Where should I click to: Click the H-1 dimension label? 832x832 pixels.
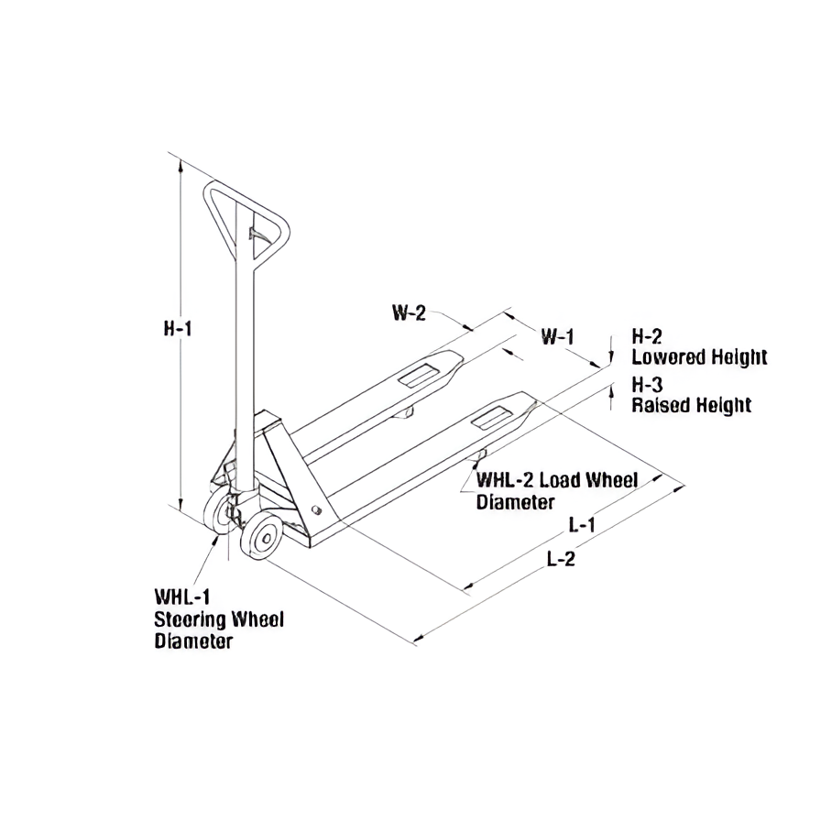coord(177,329)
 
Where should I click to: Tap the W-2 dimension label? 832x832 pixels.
coord(409,312)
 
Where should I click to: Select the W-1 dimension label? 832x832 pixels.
coord(557,336)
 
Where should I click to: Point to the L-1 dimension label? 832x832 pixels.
coord(582,525)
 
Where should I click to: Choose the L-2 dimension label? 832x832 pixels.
coord(561,558)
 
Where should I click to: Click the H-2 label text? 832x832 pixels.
coord(647,336)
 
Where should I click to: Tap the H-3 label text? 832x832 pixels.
coord(647,384)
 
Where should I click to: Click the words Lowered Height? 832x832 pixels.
coord(699,357)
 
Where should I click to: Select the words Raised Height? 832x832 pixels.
coord(692,405)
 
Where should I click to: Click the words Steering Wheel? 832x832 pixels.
coord(219,619)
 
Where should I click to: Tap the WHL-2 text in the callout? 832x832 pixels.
coord(505,480)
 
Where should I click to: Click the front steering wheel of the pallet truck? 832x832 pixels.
coord(261,535)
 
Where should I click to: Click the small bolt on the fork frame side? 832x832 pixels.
coord(317,509)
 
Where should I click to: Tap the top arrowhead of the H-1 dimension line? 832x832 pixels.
coord(181,166)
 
